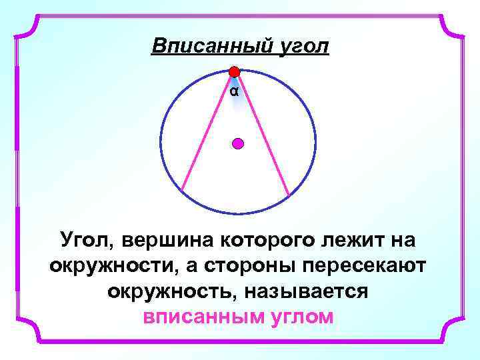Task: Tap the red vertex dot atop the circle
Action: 235,72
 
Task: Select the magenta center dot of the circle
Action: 238,143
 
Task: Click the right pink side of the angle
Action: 262,133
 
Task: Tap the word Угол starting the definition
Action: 87,238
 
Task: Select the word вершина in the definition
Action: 173,238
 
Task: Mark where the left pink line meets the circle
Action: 181,191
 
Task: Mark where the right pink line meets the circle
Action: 289,195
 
